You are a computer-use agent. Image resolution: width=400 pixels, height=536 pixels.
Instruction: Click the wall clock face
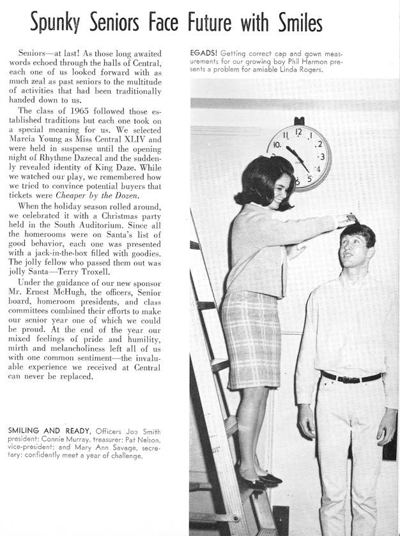point(298,157)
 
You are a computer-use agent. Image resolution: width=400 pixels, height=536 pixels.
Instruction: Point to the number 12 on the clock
point(298,133)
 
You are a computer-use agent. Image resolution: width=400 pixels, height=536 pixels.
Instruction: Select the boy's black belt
point(351,377)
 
